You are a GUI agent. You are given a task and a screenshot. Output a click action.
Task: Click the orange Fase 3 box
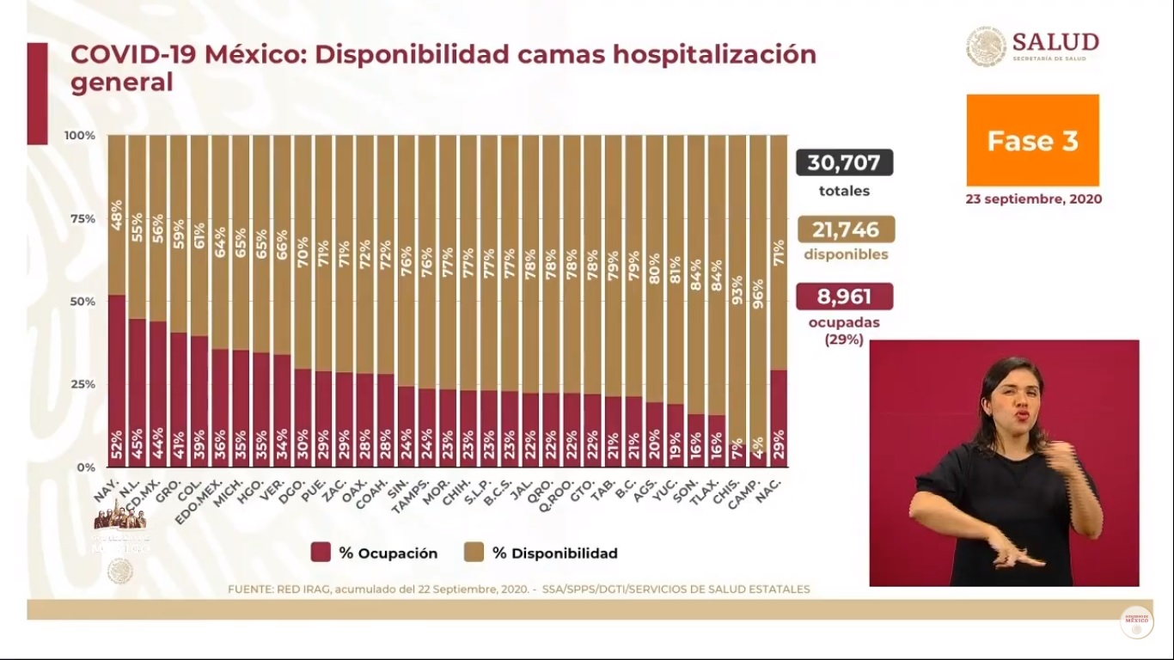1032,140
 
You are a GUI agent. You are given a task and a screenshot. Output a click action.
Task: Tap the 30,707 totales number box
844,162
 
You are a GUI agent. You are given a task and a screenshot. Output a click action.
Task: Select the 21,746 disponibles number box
846,229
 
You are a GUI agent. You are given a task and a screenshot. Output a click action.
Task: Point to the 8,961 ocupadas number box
844,296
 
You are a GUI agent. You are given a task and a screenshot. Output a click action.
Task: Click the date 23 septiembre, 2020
1033,199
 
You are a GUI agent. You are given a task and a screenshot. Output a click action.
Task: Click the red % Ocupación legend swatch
321,553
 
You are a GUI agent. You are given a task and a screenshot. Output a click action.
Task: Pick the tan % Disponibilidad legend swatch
473,553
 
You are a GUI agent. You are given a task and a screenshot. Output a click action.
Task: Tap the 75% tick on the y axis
82,218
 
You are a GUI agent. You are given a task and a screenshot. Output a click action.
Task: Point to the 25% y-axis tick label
82,384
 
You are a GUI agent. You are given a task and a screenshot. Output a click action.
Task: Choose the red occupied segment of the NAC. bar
779,417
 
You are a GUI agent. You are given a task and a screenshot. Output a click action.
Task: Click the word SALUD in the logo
1055,42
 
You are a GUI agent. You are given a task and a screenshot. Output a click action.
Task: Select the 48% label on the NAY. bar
117,216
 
